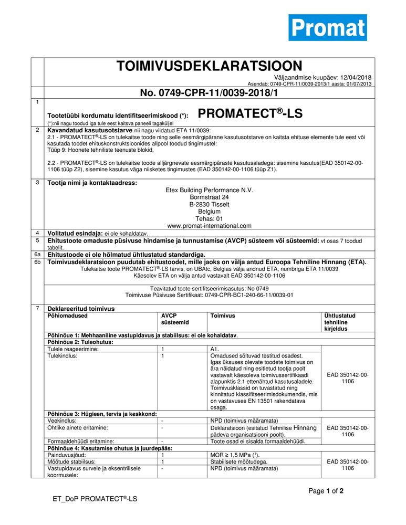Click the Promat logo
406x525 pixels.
coord(327,27)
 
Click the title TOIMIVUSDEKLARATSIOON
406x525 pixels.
coord(209,66)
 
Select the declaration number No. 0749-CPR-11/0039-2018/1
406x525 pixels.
coord(209,93)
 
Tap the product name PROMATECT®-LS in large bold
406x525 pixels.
coord(251,113)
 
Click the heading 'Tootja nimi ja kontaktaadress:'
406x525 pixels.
coord(92,183)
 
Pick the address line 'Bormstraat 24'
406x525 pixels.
coord(210,197)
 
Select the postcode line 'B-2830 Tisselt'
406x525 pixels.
coord(210,204)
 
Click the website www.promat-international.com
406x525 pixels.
coord(210,226)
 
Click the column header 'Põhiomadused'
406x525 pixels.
coord(67,316)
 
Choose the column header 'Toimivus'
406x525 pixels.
coord(222,316)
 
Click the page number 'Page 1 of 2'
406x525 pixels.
coord(326,491)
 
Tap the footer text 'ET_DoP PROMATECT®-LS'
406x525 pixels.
coord(95,498)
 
